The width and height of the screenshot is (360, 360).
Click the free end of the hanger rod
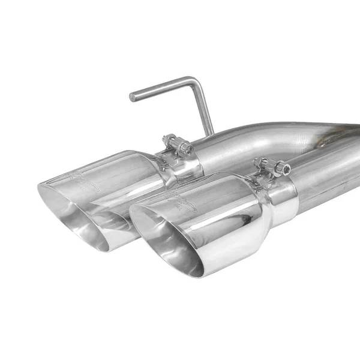[x=133, y=97]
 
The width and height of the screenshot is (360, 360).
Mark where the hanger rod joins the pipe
[x=212, y=133]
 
